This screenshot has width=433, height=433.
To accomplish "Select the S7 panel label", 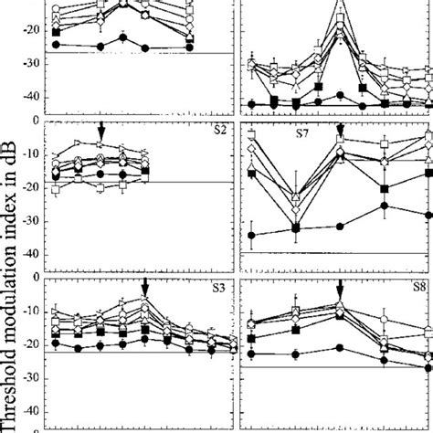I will pyautogui.click(x=301, y=134).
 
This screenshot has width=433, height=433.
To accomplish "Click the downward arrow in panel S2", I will pyautogui.click(x=101, y=133).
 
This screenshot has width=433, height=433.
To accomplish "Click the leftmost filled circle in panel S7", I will pyautogui.click(x=251, y=235).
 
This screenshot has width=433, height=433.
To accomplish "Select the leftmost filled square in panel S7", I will pyautogui.click(x=251, y=173).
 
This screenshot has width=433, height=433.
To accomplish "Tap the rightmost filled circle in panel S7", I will pyautogui.click(x=428, y=216).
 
